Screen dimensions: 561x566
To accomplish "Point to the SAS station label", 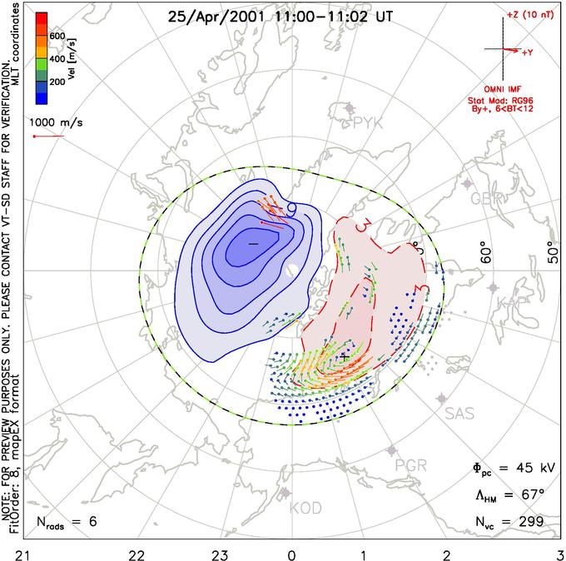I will pos(460,413).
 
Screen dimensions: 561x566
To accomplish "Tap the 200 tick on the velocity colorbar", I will pos(57,83).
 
